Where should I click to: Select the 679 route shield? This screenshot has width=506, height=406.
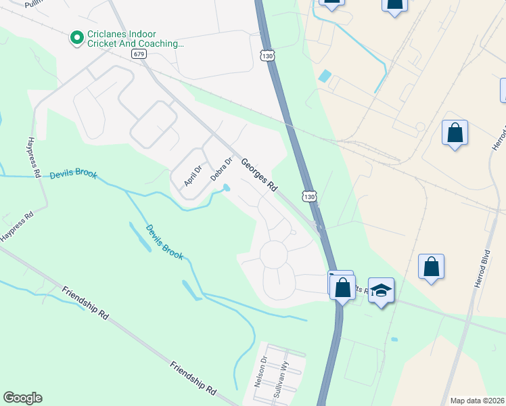tap(139, 53)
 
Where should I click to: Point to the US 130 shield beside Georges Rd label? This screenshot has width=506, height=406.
tap(308, 196)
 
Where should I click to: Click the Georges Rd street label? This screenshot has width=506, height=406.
tap(260, 174)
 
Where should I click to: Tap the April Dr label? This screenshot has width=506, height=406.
tap(193, 175)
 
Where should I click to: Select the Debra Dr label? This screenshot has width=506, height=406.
tap(221, 169)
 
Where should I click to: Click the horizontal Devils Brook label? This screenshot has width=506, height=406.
tap(73, 175)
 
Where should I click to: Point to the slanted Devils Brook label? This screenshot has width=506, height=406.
tap(164, 242)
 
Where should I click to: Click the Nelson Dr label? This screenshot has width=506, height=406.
tap(261, 371)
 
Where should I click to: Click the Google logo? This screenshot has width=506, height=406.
tap(22, 398)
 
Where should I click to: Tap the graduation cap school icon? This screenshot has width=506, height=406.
tap(382, 292)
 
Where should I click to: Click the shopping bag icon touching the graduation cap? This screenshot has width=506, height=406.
tap(342, 288)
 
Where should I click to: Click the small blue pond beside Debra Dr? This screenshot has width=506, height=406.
tap(226, 188)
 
